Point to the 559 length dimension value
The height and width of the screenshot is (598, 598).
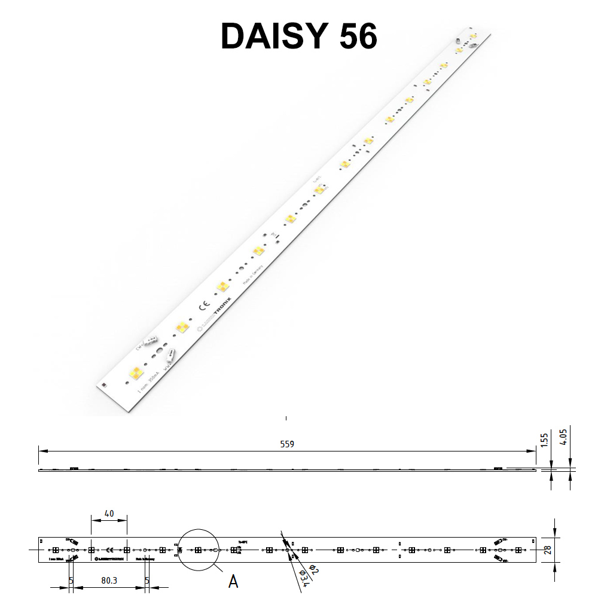tap(287, 444)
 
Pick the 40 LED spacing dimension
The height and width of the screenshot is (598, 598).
tap(108, 513)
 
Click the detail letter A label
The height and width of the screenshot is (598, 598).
tap(233, 580)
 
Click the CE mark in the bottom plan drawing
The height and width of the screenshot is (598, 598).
tap(109, 550)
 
